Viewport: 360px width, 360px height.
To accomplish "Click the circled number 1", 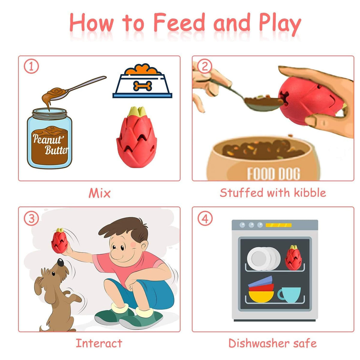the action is (x=31, y=67).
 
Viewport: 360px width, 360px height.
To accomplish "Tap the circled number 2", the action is (x=205, y=66).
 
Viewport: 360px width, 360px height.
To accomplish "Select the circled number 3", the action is (x=31, y=218).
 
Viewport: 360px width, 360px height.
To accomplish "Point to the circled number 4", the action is (x=205, y=218).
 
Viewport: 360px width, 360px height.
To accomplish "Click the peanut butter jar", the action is (x=49, y=138).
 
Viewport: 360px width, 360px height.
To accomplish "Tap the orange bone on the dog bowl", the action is (x=142, y=86).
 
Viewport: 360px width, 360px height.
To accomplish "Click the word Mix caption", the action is (x=100, y=193).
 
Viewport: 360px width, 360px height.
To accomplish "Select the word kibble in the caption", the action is (x=310, y=192).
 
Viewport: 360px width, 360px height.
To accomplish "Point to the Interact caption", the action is (x=99, y=343).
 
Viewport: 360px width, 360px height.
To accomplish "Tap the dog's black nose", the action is (x=60, y=262).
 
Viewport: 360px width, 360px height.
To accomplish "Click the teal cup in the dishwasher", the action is (x=289, y=295).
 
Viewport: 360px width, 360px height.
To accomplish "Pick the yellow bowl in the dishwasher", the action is (x=261, y=296).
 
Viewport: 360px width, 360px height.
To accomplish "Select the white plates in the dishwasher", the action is (x=264, y=259).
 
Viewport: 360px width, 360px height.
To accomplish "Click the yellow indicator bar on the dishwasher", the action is (x=278, y=225).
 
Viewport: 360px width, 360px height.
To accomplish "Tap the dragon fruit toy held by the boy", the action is (x=59, y=241).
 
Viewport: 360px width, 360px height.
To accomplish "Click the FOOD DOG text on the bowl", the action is (x=274, y=174).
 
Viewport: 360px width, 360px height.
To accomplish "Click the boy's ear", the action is (x=144, y=246).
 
